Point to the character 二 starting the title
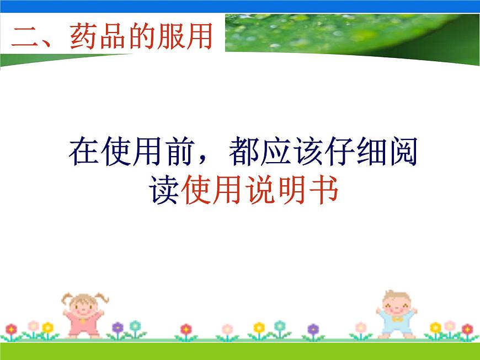[26, 39]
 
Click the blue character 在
[84, 152]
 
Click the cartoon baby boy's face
[395, 303]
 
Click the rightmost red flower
[467, 329]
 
